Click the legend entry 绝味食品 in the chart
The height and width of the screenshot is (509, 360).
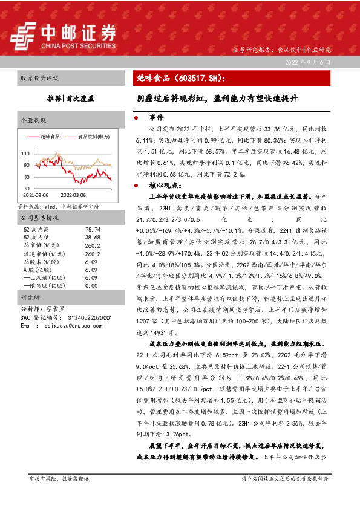point(51,137)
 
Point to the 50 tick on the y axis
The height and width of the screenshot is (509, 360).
point(27,189)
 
